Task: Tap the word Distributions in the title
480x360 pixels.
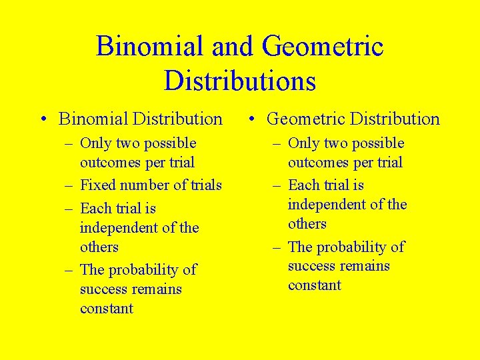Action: tap(239, 81)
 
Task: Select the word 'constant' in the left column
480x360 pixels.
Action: tap(107, 309)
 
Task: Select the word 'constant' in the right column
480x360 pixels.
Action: tap(315, 285)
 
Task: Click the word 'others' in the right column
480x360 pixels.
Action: tap(307, 224)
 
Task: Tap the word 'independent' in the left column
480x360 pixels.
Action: tap(122, 228)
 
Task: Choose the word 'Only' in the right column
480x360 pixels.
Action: tap(304, 143)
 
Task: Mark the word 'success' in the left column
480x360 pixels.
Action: tap(103, 289)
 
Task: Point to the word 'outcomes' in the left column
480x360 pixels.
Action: tap(110, 162)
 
